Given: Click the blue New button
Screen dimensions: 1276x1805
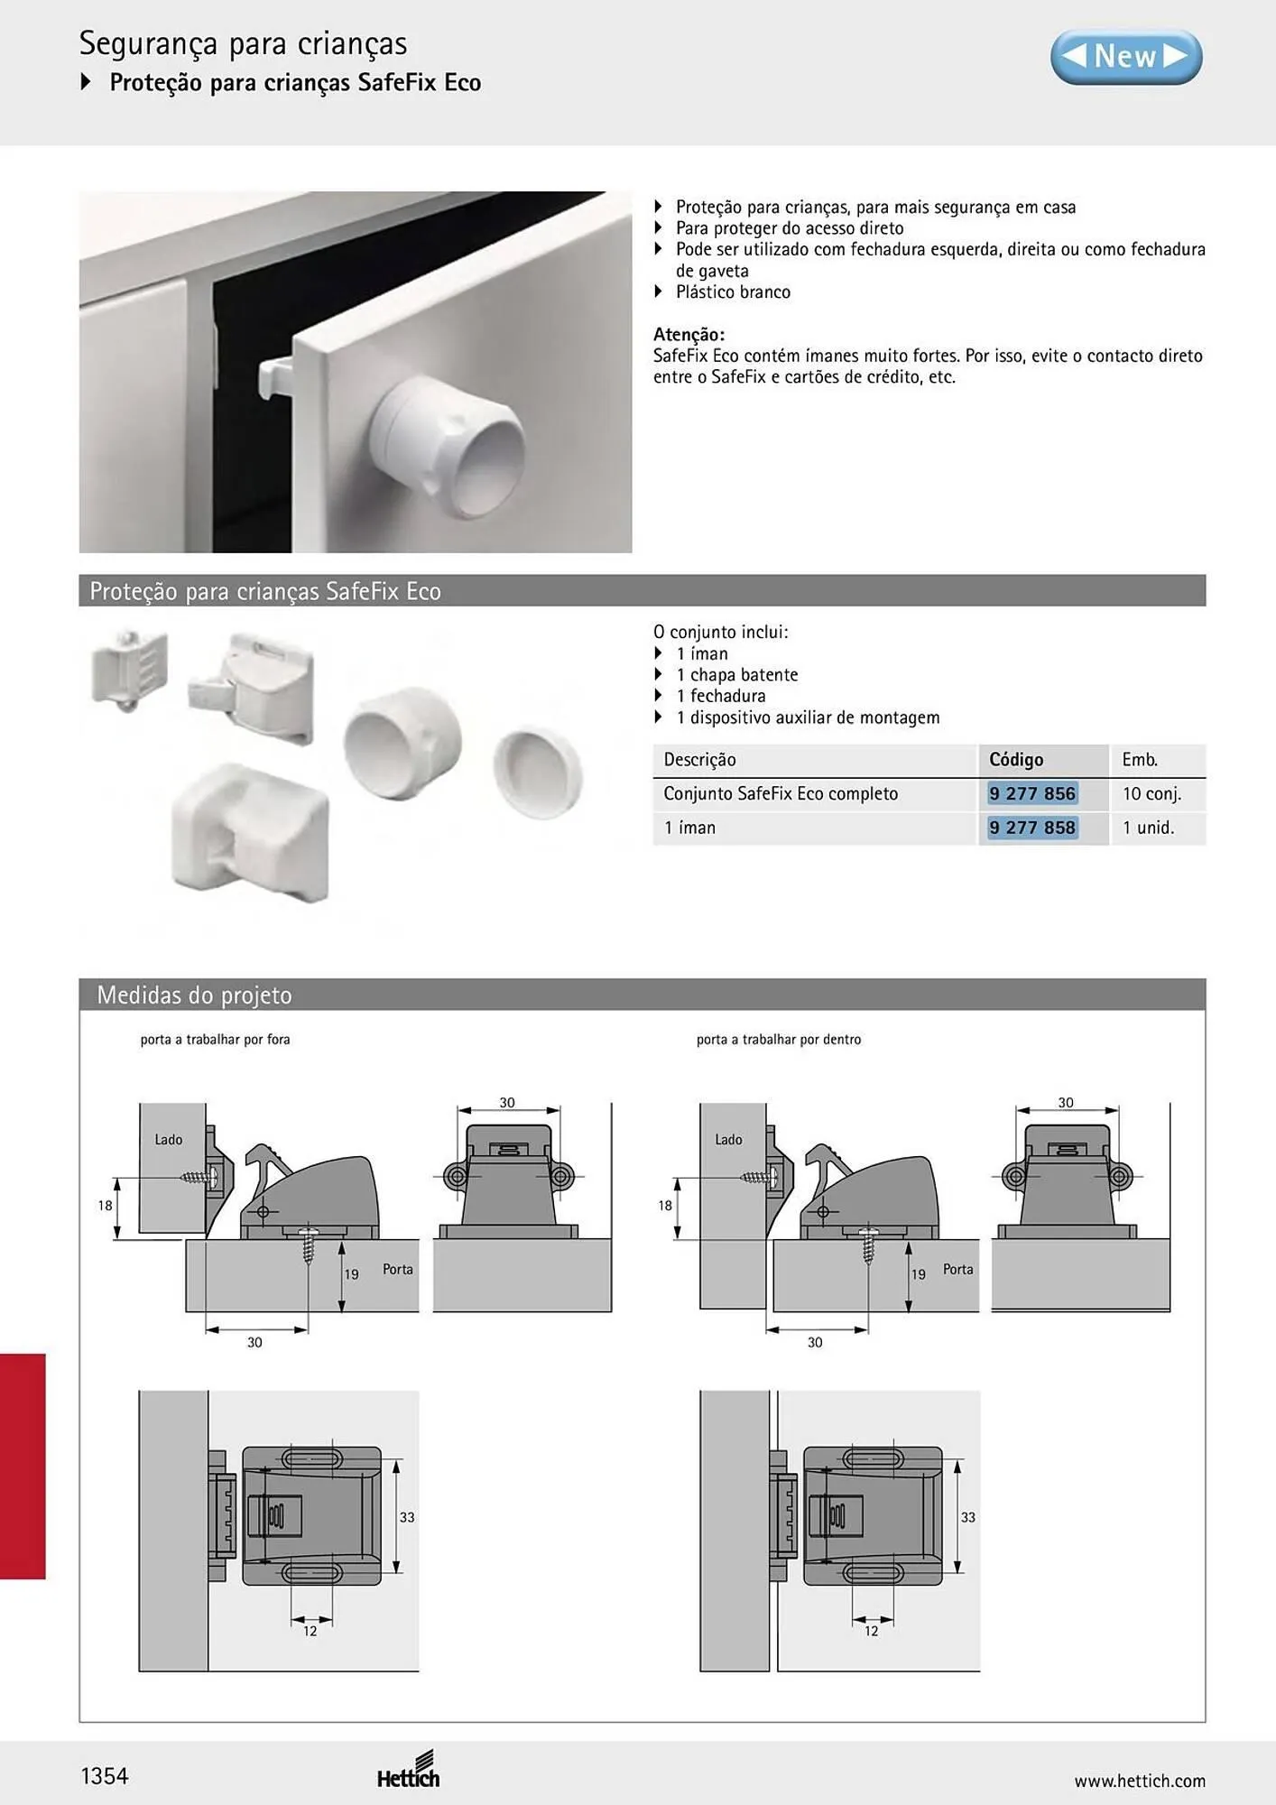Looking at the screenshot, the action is tap(1126, 57).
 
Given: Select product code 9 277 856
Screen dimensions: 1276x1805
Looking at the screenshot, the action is tap(1032, 794).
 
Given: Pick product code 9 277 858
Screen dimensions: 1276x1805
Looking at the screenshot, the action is tap(1032, 828).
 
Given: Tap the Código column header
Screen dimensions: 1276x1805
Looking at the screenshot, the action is tap(1016, 760).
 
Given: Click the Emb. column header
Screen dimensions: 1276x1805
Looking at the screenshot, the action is tap(1140, 760).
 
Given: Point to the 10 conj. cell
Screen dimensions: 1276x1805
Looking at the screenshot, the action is tap(1151, 794).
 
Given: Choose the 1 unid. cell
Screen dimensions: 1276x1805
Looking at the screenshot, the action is tap(1148, 828).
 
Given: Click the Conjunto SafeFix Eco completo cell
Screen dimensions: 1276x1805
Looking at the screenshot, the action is tap(781, 794).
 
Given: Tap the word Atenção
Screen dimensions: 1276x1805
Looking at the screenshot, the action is tap(689, 335).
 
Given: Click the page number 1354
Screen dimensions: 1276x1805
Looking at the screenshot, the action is tap(105, 1776).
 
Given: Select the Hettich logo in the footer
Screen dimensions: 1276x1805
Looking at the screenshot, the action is tap(409, 1770).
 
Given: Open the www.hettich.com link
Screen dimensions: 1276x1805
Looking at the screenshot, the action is tap(1140, 1781).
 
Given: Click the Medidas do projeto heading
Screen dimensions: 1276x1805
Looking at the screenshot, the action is tap(194, 995).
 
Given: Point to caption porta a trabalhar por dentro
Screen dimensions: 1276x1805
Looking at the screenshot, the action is tap(779, 1040).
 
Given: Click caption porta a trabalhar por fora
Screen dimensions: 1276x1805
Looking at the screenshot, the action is tap(215, 1040).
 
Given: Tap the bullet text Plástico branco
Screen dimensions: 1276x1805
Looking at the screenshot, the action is tap(733, 292).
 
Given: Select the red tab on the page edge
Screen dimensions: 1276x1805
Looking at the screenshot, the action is tap(23, 1466).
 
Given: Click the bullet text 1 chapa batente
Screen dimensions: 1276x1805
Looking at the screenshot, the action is tap(737, 675).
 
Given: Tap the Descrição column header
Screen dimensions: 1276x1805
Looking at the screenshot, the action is tap(699, 760).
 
